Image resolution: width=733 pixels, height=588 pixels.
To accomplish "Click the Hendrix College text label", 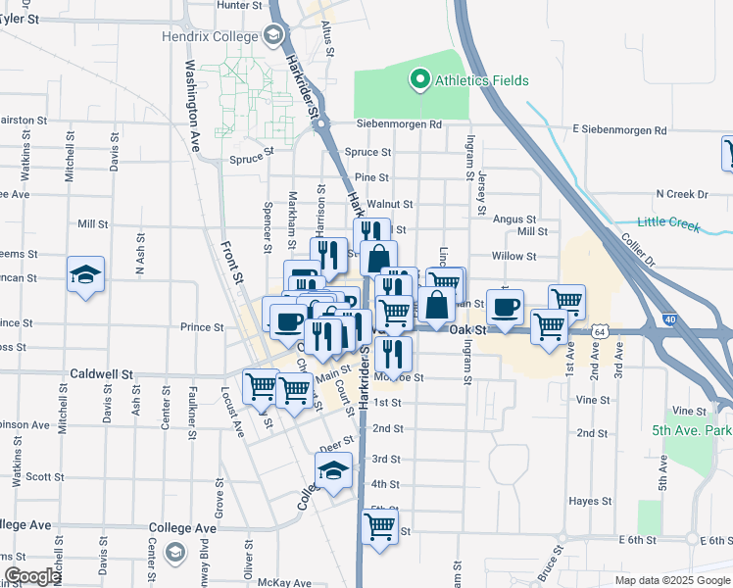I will tap(209, 36).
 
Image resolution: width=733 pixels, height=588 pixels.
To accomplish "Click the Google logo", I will tap(32, 576).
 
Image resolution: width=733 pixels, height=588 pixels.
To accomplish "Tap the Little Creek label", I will tap(669, 223).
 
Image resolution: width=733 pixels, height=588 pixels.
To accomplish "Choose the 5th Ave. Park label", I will tap(691, 430).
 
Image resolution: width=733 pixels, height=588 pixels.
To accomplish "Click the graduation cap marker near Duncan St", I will tap(85, 275).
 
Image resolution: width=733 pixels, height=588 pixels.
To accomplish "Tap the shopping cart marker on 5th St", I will tap(379, 526).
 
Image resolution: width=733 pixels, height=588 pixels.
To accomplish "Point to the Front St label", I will tap(231, 265).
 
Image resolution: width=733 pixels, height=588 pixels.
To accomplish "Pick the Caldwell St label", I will tap(101, 374).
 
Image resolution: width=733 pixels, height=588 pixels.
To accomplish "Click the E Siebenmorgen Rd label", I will tap(619, 129).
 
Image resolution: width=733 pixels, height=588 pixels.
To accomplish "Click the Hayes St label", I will tap(590, 500).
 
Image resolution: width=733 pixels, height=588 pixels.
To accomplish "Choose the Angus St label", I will tap(514, 220).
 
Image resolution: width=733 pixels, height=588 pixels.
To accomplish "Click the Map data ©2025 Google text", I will tap(671, 580).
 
